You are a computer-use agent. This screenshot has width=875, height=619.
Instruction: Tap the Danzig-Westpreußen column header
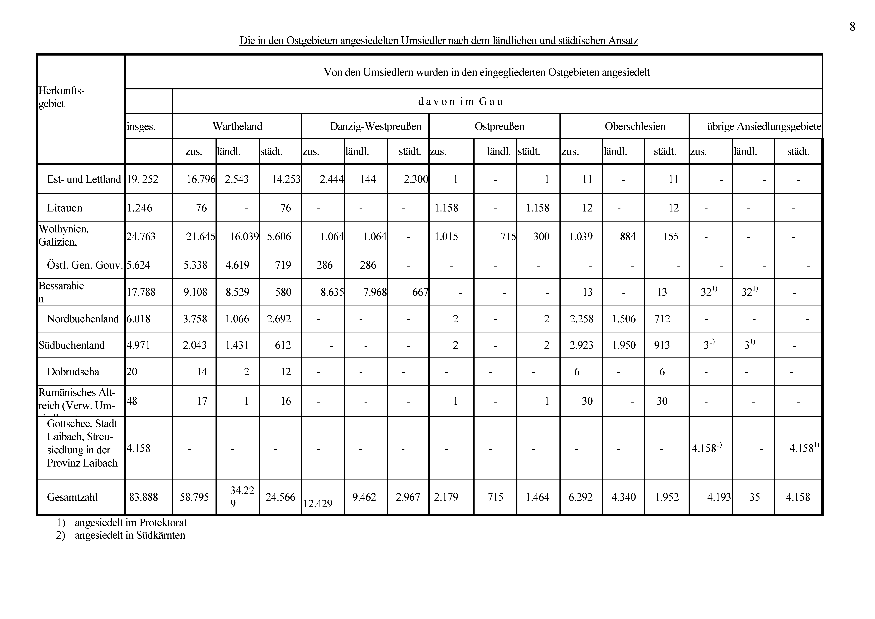pyautogui.click(x=375, y=126)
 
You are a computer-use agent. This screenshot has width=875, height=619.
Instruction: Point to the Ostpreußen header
pyautogui.click(x=499, y=126)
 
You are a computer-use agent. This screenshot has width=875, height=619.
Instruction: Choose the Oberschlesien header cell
pyautogui.click(x=635, y=126)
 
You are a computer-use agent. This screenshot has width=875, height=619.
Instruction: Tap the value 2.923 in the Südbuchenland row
pyautogui.click(x=581, y=345)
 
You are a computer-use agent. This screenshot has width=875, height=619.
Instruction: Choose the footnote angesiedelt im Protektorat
pyautogui.click(x=131, y=523)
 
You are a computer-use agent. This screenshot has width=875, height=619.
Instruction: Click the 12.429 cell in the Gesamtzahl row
pyautogui.click(x=318, y=503)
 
